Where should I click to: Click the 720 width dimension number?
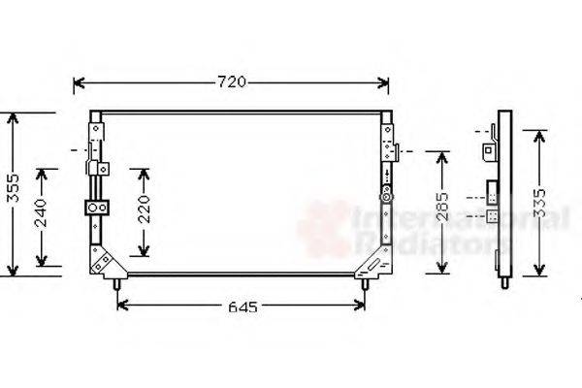(x=231, y=82)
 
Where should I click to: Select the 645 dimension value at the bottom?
(x=243, y=307)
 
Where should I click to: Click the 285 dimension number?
(x=440, y=213)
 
